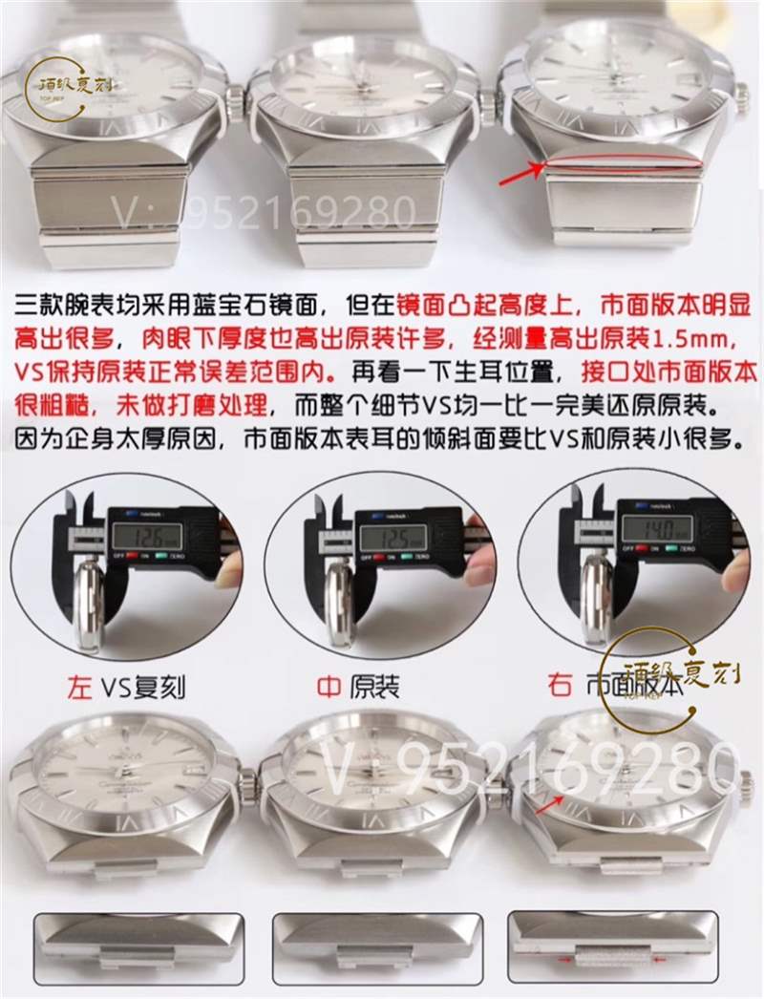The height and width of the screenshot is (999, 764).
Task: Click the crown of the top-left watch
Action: point(232,96)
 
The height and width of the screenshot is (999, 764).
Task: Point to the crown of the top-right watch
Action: point(742,93)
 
